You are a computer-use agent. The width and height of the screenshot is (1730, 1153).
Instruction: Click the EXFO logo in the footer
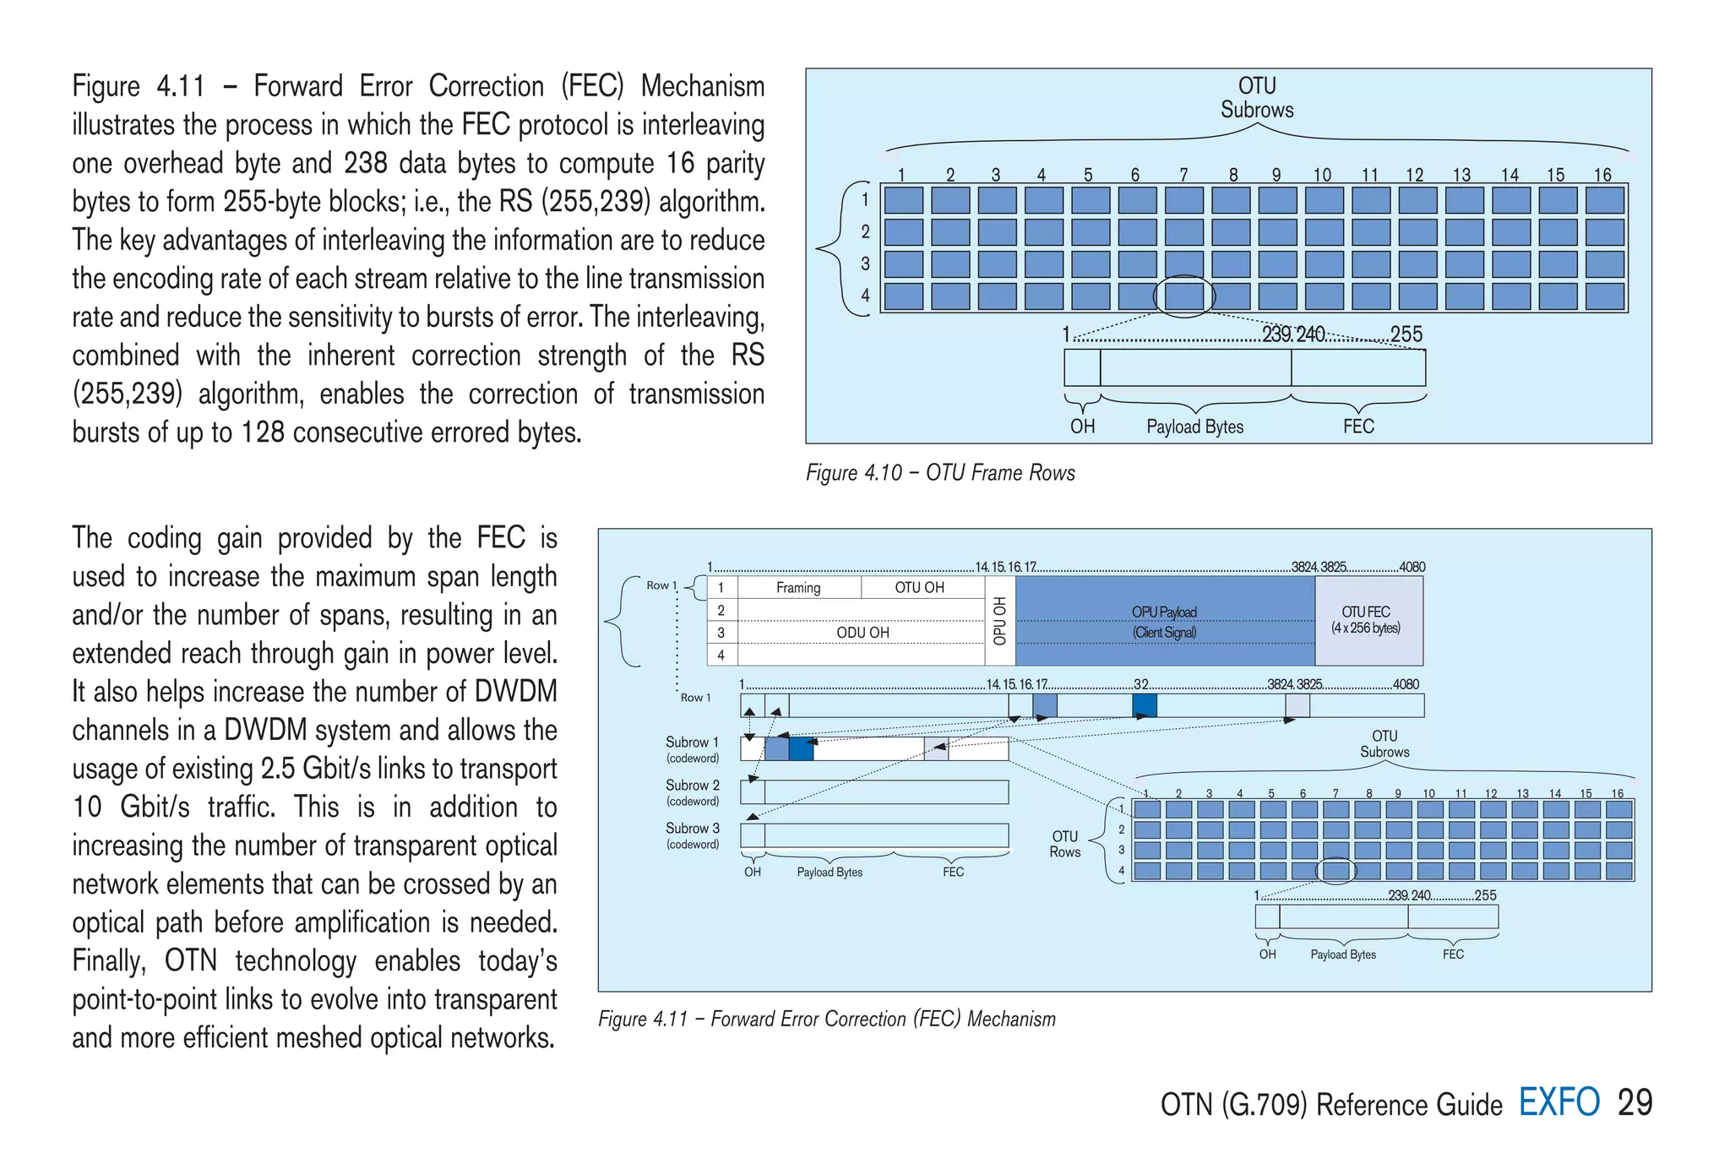click(1559, 1102)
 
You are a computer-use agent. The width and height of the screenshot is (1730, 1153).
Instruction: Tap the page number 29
click(1635, 1102)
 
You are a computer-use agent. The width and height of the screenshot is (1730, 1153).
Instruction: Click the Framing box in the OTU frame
click(798, 588)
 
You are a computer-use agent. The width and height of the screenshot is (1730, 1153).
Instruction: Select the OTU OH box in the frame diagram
click(919, 588)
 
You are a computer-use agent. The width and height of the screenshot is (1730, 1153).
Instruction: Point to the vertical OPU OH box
click(1000, 621)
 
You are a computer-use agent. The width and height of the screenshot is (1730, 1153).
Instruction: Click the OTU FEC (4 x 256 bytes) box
click(1368, 620)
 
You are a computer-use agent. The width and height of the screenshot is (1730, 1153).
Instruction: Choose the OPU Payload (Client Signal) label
click(1164, 622)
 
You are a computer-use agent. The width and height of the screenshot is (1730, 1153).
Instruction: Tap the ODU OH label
click(862, 633)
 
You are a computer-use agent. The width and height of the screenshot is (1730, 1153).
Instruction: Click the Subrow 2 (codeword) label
click(693, 792)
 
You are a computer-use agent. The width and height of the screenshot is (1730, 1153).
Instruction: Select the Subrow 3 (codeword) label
click(693, 835)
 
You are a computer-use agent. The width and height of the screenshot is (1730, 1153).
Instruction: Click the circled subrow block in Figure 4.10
click(1183, 296)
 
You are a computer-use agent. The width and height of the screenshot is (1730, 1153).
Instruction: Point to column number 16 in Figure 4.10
click(1602, 175)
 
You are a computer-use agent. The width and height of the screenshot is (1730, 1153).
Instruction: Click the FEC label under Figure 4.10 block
click(1358, 427)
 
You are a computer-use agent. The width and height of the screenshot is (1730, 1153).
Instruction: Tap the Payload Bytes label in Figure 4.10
click(1194, 427)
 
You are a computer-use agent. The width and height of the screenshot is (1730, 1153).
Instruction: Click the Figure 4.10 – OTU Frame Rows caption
click(940, 473)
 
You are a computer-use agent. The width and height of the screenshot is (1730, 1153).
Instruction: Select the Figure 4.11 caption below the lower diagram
click(827, 1020)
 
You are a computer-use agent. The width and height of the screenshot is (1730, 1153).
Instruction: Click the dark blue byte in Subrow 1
click(801, 748)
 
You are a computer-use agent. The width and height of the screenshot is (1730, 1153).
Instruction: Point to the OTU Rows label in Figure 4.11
click(1065, 844)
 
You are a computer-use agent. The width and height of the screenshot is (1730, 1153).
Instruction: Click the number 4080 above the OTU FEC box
click(1412, 567)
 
